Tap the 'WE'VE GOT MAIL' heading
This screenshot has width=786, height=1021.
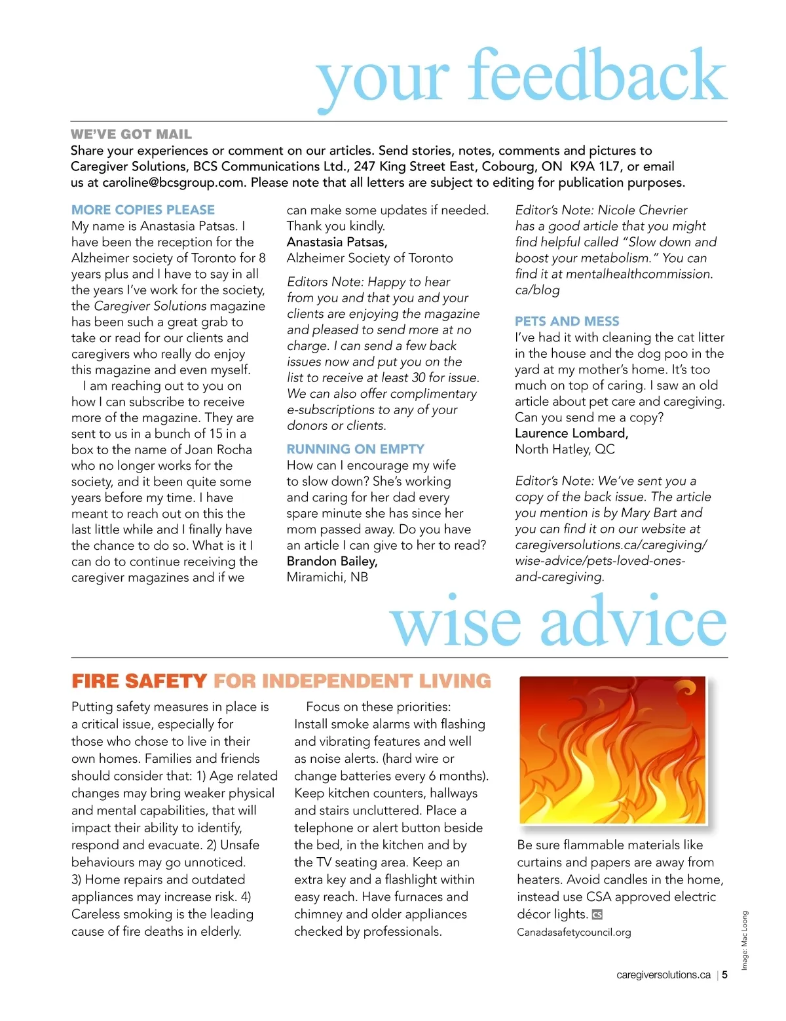tap(131, 134)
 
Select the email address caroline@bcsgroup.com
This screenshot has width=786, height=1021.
tap(173, 183)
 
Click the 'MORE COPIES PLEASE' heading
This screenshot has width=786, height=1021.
tap(143, 210)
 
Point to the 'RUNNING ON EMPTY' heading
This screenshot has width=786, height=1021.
tap(355, 449)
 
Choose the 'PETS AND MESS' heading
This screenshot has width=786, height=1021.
tap(567, 321)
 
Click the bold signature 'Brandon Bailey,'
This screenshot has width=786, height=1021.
tap(331, 561)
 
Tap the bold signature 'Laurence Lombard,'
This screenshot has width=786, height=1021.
tap(571, 433)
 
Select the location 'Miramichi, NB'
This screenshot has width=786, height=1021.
tap(327, 577)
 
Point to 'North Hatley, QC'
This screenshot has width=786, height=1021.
tap(565, 450)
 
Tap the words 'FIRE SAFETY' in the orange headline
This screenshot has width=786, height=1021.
tap(139, 682)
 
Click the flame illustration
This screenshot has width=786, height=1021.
tap(612, 750)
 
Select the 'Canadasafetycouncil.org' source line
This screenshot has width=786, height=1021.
tap(574, 933)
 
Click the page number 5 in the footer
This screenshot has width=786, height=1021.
tap(725, 975)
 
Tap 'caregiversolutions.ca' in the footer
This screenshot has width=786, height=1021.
tap(663, 975)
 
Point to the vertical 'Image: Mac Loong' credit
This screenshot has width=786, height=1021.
tap(744, 941)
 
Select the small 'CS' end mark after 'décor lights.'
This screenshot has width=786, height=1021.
tap(597, 915)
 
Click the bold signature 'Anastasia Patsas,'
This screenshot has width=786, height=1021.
tap(337, 242)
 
